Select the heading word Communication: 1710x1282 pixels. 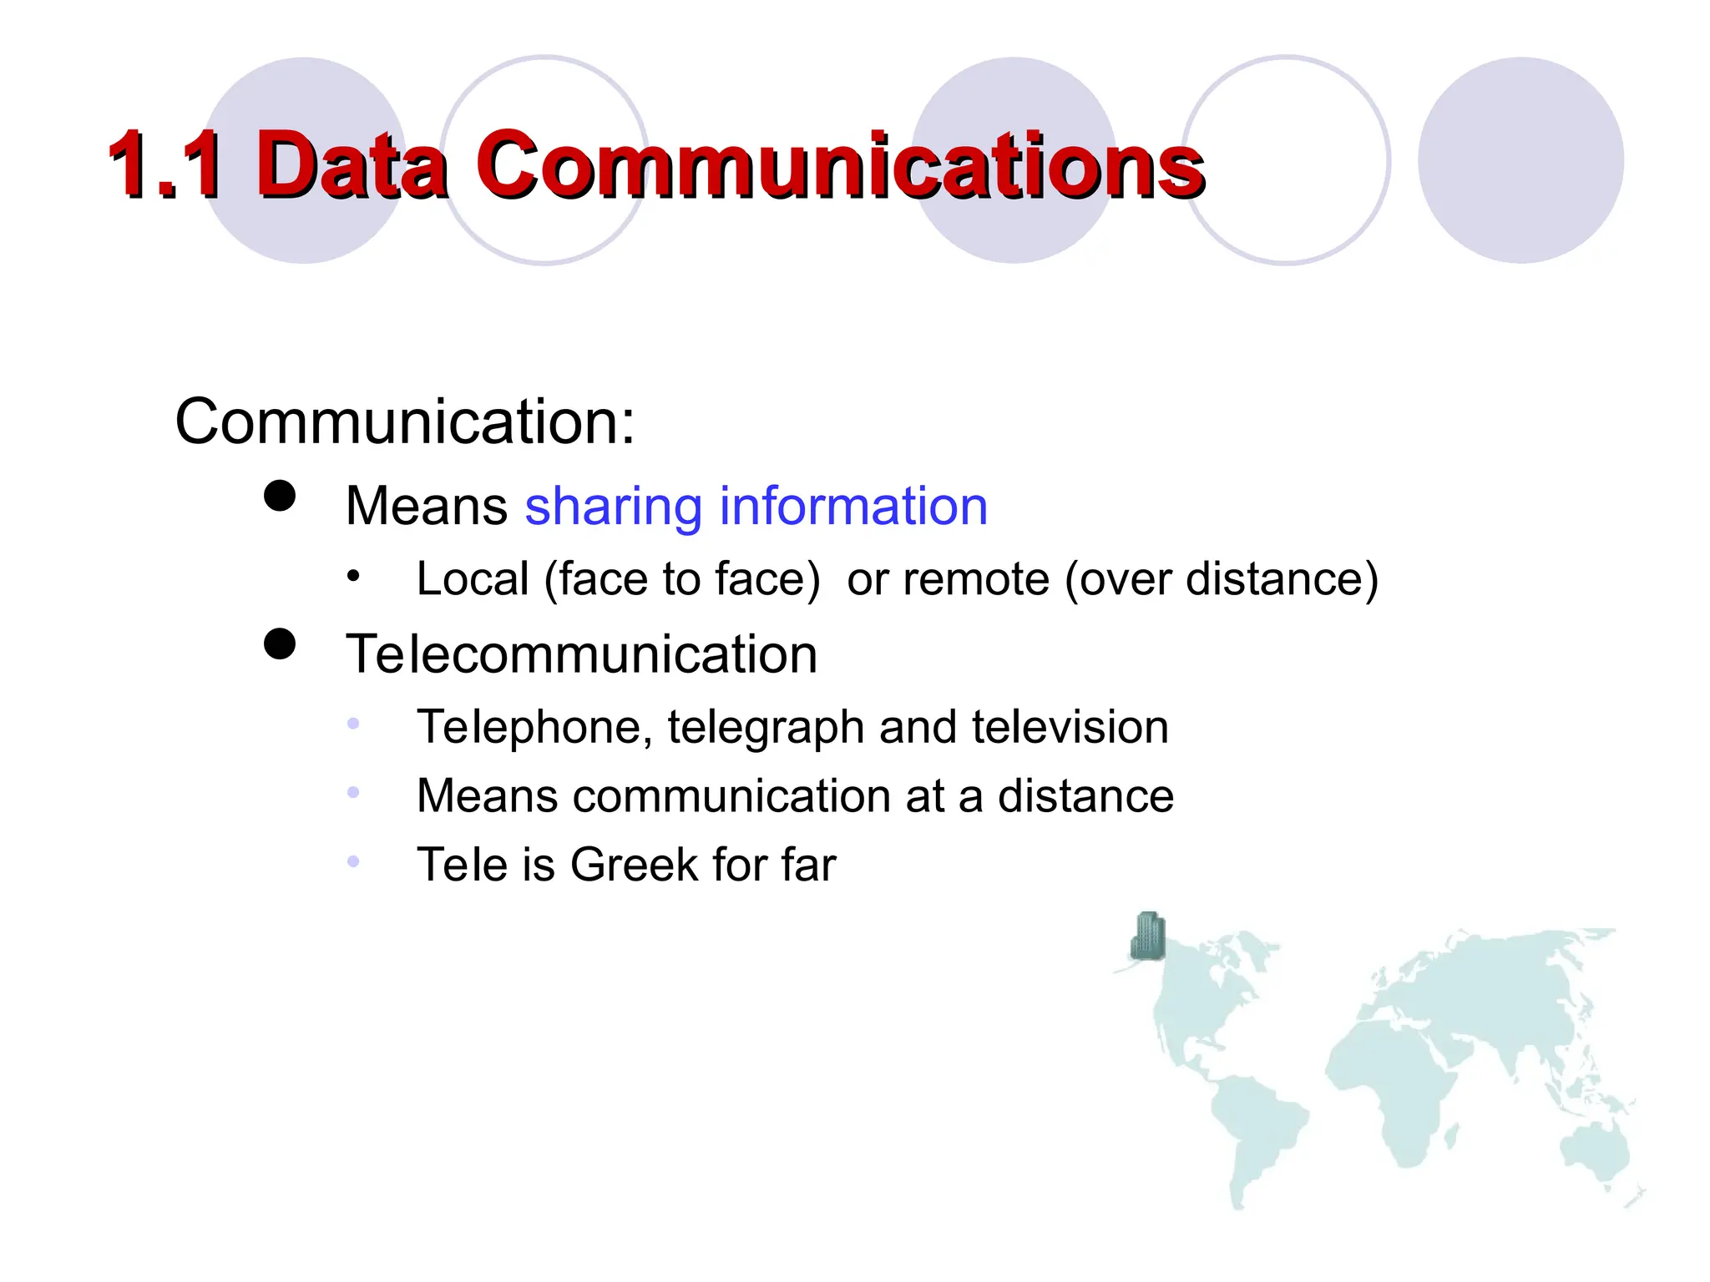[x=405, y=421]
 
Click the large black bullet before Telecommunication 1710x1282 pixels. [x=280, y=644]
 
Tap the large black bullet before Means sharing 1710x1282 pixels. [x=280, y=496]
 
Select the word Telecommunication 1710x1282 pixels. [x=581, y=654]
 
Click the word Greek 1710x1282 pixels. [x=634, y=864]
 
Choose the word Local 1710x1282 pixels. [x=473, y=578]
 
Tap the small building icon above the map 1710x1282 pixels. [x=1148, y=936]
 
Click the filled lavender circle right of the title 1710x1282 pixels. [x=1520, y=160]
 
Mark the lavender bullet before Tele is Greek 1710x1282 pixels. [x=354, y=861]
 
